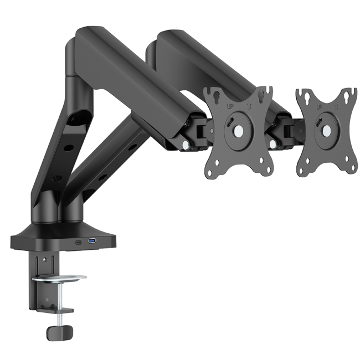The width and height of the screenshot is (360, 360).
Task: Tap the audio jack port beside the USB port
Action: tap(79, 241)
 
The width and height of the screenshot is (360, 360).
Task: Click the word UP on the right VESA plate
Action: tap(320, 106)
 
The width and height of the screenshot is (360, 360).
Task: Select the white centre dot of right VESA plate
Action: tap(327, 131)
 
